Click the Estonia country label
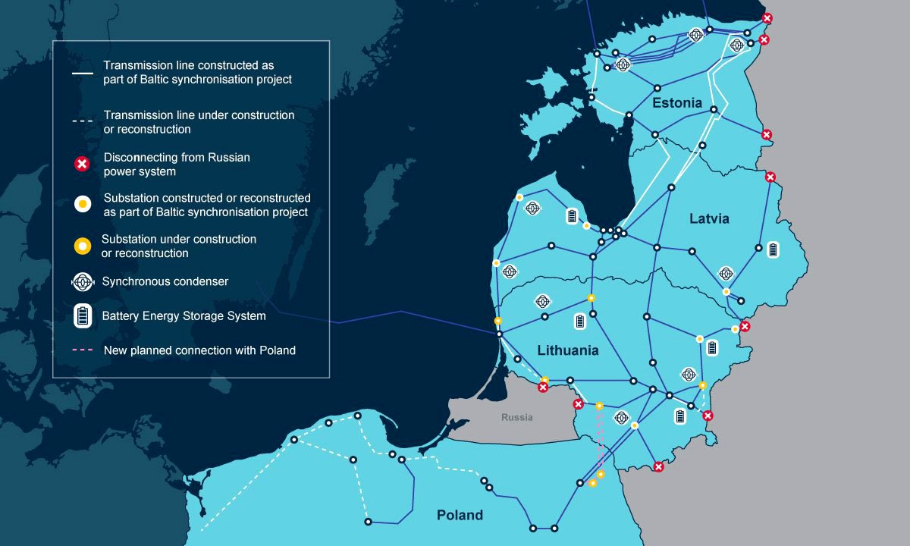[677, 103]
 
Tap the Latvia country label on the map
[709, 218]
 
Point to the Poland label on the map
[460, 515]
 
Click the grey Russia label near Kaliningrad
[517, 418]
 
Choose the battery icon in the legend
[83, 315]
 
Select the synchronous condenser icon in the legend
[83, 281]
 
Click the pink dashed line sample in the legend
[83, 350]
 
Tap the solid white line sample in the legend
[83, 74]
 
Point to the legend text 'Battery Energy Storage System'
[184, 315]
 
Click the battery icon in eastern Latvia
[773, 249]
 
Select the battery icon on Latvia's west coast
[572, 216]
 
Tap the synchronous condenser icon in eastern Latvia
[726, 273]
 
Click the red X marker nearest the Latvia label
[770, 177]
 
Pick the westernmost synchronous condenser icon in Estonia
[623, 65]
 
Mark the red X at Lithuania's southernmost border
[658, 467]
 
